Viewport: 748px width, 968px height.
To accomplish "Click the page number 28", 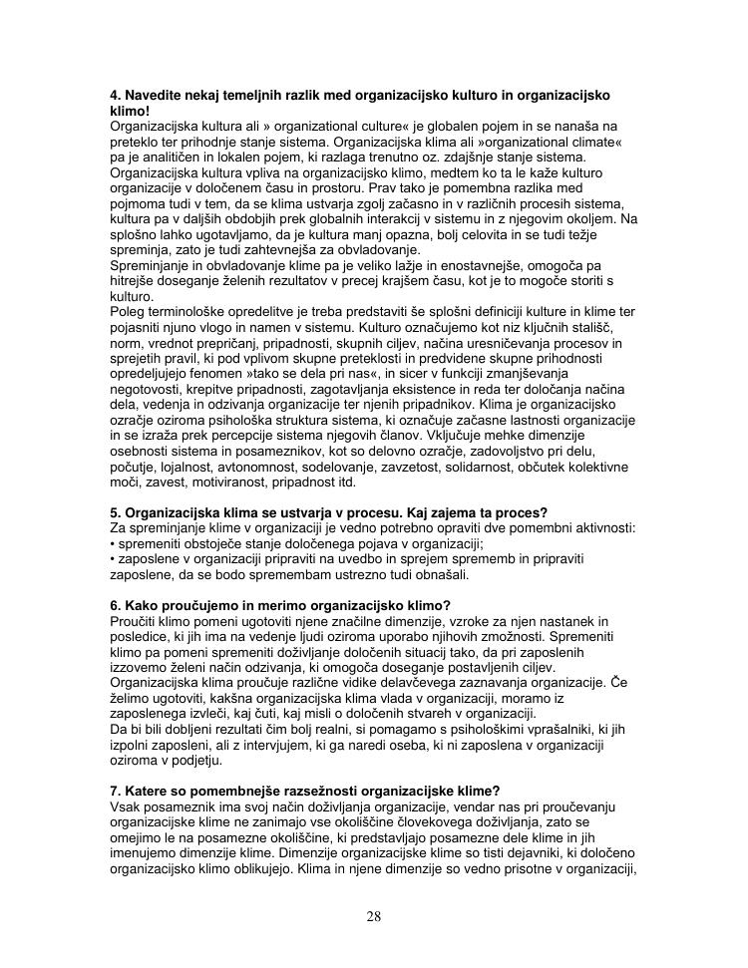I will (373, 916).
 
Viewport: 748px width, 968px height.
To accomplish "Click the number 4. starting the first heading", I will (115, 95).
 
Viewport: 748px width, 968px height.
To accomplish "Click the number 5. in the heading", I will (115, 512).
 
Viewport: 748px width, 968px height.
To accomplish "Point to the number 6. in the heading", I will (115, 605).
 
